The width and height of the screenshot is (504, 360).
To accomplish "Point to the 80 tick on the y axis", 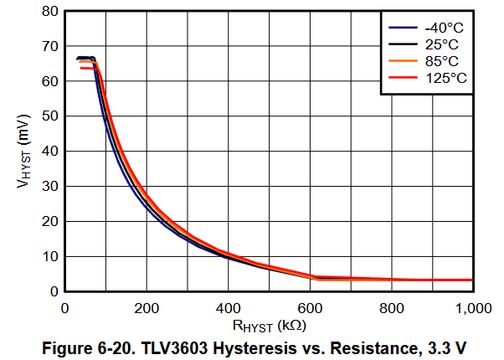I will click(x=50, y=12).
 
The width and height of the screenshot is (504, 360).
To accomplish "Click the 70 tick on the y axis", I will click(x=50, y=47).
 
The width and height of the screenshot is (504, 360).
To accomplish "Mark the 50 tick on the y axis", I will click(x=50, y=116).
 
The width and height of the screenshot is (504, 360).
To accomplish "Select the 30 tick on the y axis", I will click(x=50, y=187).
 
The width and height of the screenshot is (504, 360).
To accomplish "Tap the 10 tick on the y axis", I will click(x=50, y=257).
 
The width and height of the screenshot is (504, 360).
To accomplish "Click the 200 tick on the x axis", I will click(x=147, y=307).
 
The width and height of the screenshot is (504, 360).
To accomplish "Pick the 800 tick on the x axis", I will click(x=392, y=307).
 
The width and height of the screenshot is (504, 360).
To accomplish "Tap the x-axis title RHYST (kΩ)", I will click(x=269, y=325).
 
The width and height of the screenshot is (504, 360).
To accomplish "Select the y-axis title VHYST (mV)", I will click(x=24, y=151).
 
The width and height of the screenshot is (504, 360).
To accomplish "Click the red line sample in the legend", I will click(x=398, y=78).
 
